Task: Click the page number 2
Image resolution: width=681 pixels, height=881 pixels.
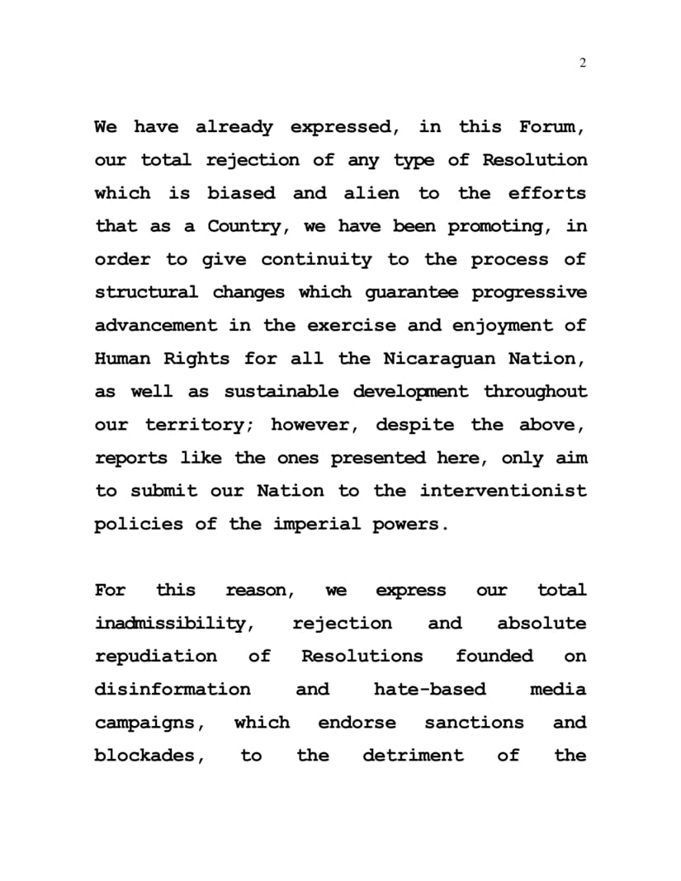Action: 583,64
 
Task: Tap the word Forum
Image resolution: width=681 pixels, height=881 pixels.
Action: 549,127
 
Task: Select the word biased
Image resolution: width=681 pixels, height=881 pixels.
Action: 241,193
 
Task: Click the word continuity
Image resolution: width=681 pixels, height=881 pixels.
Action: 316,259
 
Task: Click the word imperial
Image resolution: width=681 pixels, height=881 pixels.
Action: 316,525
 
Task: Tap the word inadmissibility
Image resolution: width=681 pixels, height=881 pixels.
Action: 173,624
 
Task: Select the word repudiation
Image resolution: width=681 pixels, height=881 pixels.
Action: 156,657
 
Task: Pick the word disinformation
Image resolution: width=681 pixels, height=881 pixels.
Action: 172,690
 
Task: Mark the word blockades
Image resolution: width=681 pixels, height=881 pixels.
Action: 149,756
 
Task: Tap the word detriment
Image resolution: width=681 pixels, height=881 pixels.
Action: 413,756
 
